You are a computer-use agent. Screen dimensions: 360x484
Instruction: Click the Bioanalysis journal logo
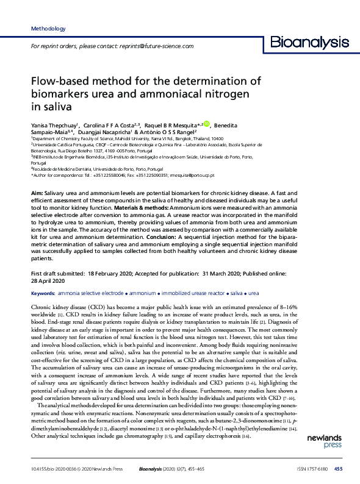[309, 42]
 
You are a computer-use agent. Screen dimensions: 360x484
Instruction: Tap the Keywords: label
[45, 293]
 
